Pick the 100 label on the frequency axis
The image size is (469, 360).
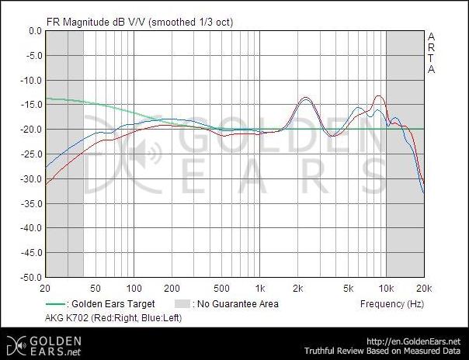(x=134, y=286)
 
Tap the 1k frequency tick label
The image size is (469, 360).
(x=261, y=286)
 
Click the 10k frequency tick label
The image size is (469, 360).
(x=386, y=286)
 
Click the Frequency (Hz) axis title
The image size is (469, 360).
(x=392, y=303)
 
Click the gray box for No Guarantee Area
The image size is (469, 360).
(x=180, y=304)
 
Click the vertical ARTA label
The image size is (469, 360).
(x=432, y=53)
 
